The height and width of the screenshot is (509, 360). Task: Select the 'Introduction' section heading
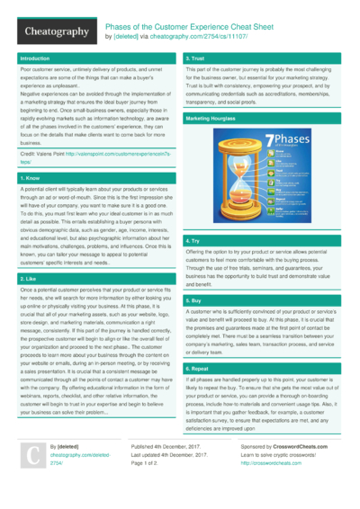(35, 58)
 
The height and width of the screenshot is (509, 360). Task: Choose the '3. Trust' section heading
(198, 58)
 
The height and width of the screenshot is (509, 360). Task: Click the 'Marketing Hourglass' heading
(212, 119)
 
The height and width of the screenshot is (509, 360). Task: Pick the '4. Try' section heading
(193, 242)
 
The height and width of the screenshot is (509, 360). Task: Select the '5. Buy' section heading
(194, 299)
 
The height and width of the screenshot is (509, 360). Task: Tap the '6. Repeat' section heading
(199, 369)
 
